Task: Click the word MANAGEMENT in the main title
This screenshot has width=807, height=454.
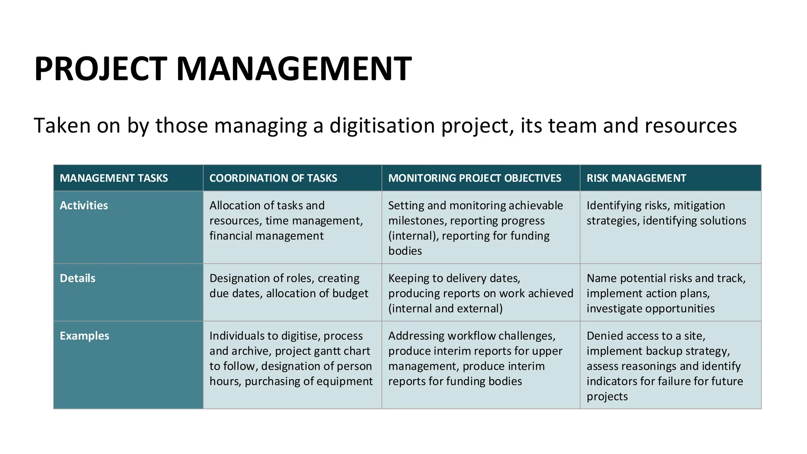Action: click(x=294, y=69)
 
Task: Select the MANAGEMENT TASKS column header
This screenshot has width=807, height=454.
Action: click(x=114, y=178)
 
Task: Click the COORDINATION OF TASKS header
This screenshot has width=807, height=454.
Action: click(x=273, y=178)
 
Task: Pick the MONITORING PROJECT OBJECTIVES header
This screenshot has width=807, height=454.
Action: click(x=474, y=178)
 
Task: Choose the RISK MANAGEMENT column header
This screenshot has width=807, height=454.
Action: click(x=636, y=178)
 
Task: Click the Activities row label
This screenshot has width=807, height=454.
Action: click(x=84, y=205)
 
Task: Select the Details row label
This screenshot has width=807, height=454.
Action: click(x=78, y=278)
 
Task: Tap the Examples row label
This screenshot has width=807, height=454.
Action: click(x=84, y=336)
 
